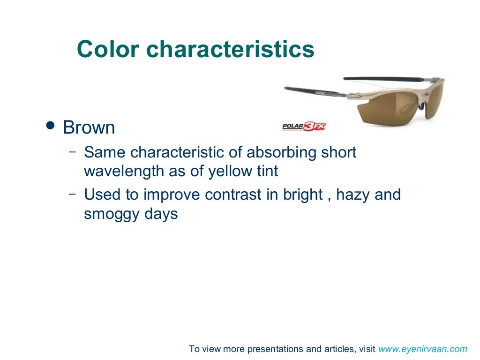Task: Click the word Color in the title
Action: point(108,49)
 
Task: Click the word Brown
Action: point(89,127)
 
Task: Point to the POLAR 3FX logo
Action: point(304,126)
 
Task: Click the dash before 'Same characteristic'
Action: point(72,152)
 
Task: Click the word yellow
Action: point(231,172)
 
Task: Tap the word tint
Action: point(268,172)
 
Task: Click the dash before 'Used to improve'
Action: point(72,194)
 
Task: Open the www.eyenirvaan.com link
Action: point(422,349)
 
